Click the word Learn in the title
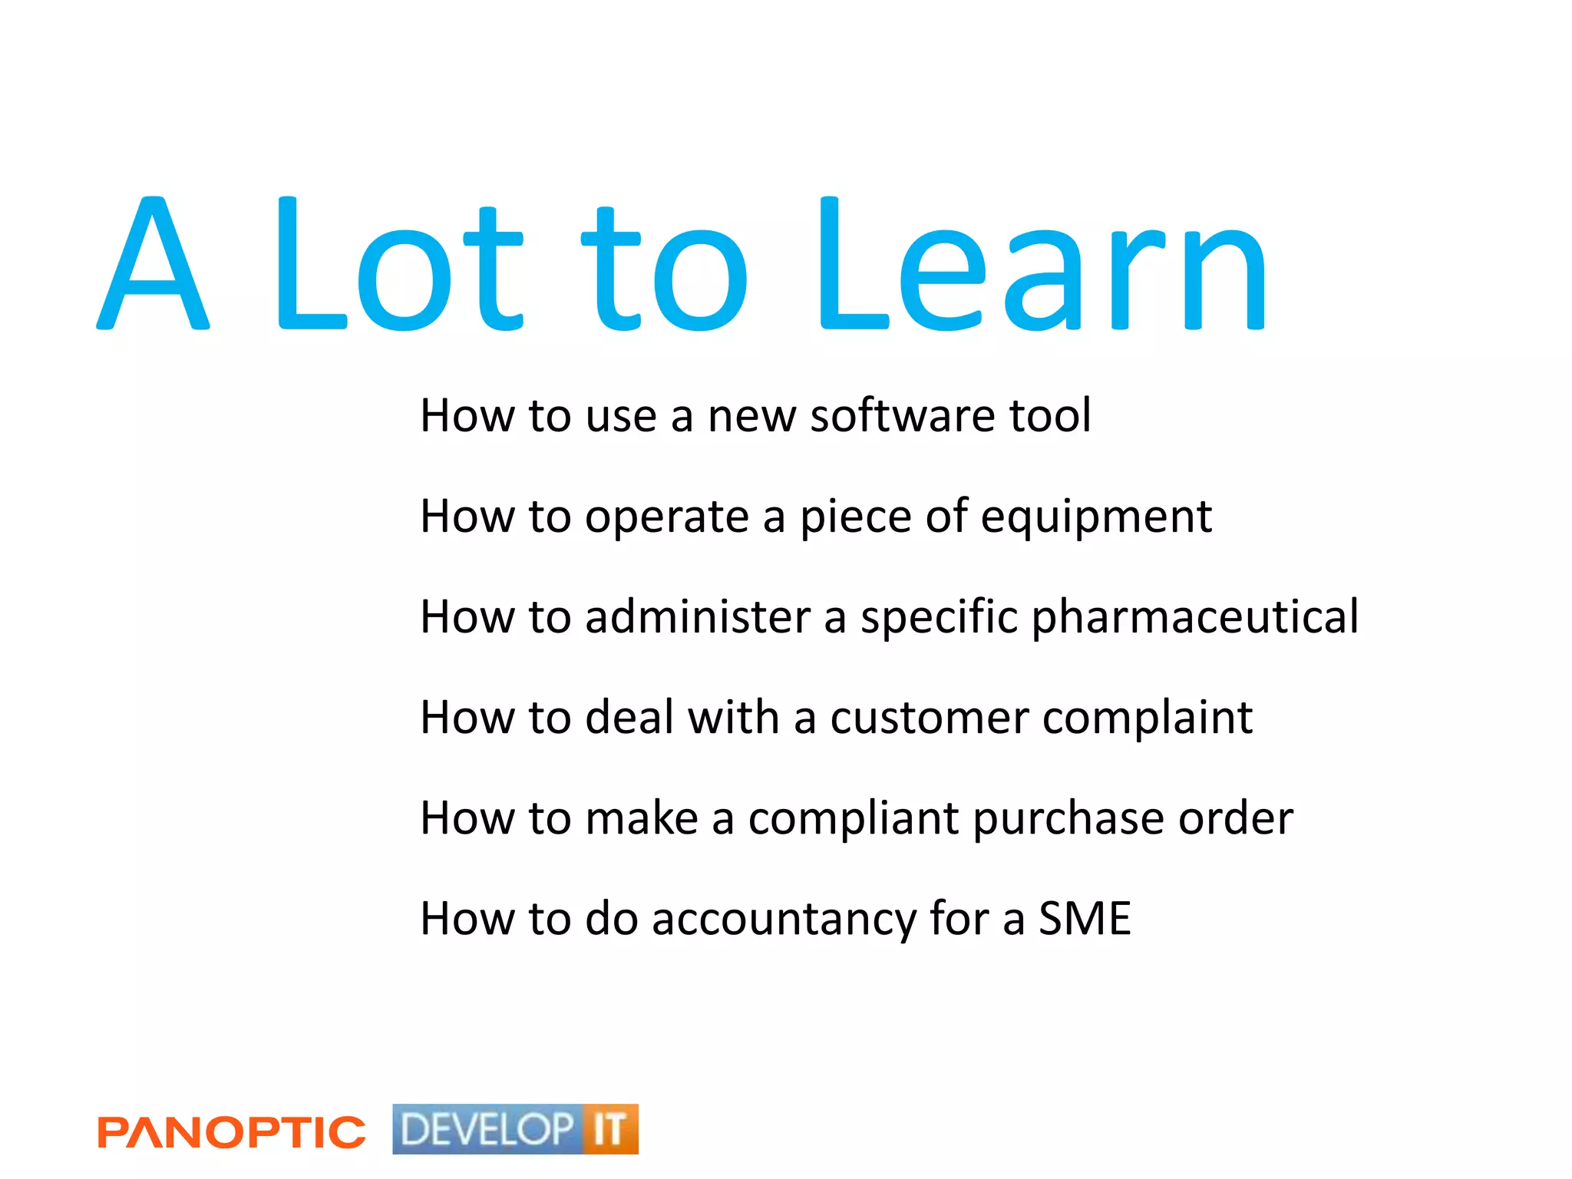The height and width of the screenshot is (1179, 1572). (x=1041, y=265)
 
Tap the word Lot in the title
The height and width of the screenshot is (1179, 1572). (x=399, y=265)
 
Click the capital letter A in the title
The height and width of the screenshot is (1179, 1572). (x=153, y=265)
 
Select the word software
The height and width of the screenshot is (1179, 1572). (x=903, y=416)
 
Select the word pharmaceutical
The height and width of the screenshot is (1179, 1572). (x=1194, y=618)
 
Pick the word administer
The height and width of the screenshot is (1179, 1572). (x=698, y=617)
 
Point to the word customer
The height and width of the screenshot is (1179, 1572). (x=930, y=718)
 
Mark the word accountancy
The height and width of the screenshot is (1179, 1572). (x=784, y=920)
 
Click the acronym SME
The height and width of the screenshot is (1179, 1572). (x=1085, y=918)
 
